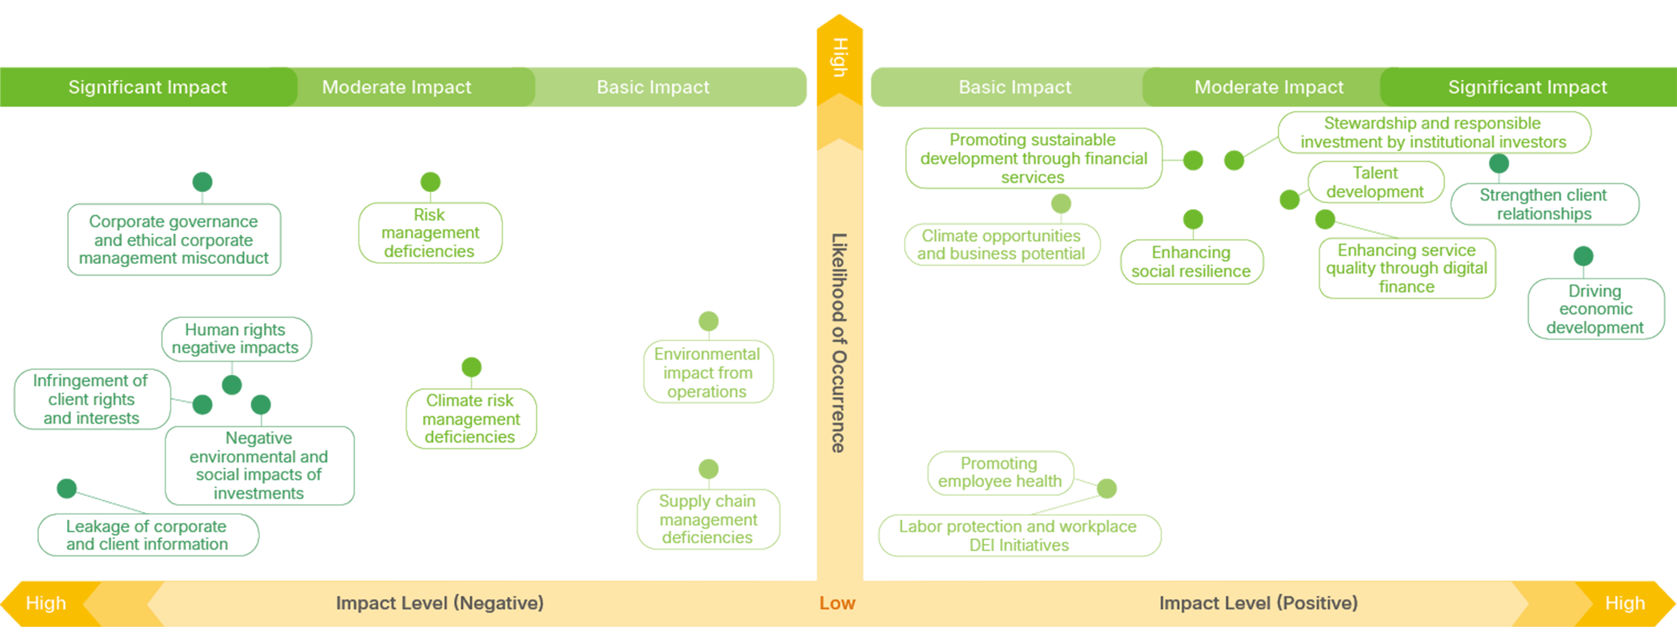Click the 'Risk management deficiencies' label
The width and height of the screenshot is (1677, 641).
click(x=430, y=233)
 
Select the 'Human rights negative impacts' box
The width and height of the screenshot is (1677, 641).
click(x=236, y=339)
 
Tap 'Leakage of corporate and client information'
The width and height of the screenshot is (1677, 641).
click(x=148, y=535)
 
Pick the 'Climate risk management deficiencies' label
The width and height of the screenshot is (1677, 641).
click(x=471, y=418)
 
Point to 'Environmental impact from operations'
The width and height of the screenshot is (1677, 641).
click(x=708, y=373)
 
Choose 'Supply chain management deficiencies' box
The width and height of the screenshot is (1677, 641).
click(x=708, y=519)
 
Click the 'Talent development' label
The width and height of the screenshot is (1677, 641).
click(x=1376, y=182)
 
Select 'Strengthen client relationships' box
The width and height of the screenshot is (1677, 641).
click(x=1544, y=204)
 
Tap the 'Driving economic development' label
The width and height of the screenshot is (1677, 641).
click(x=1595, y=309)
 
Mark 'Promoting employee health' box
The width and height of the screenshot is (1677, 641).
click(x=1000, y=473)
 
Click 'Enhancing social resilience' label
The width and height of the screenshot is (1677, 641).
click(x=1191, y=262)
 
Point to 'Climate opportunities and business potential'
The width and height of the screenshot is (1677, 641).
click(x=1001, y=245)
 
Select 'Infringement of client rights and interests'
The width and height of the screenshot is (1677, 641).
click(x=91, y=399)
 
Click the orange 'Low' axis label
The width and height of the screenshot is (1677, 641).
click(x=837, y=603)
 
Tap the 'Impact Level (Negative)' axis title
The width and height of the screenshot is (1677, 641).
click(x=440, y=603)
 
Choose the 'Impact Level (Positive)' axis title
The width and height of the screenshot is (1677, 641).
click(x=1258, y=603)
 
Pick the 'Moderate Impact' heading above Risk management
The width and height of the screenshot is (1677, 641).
click(x=396, y=87)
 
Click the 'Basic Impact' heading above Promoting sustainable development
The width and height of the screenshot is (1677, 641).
click(x=1015, y=87)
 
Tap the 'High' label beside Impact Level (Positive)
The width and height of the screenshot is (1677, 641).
click(x=1625, y=603)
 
